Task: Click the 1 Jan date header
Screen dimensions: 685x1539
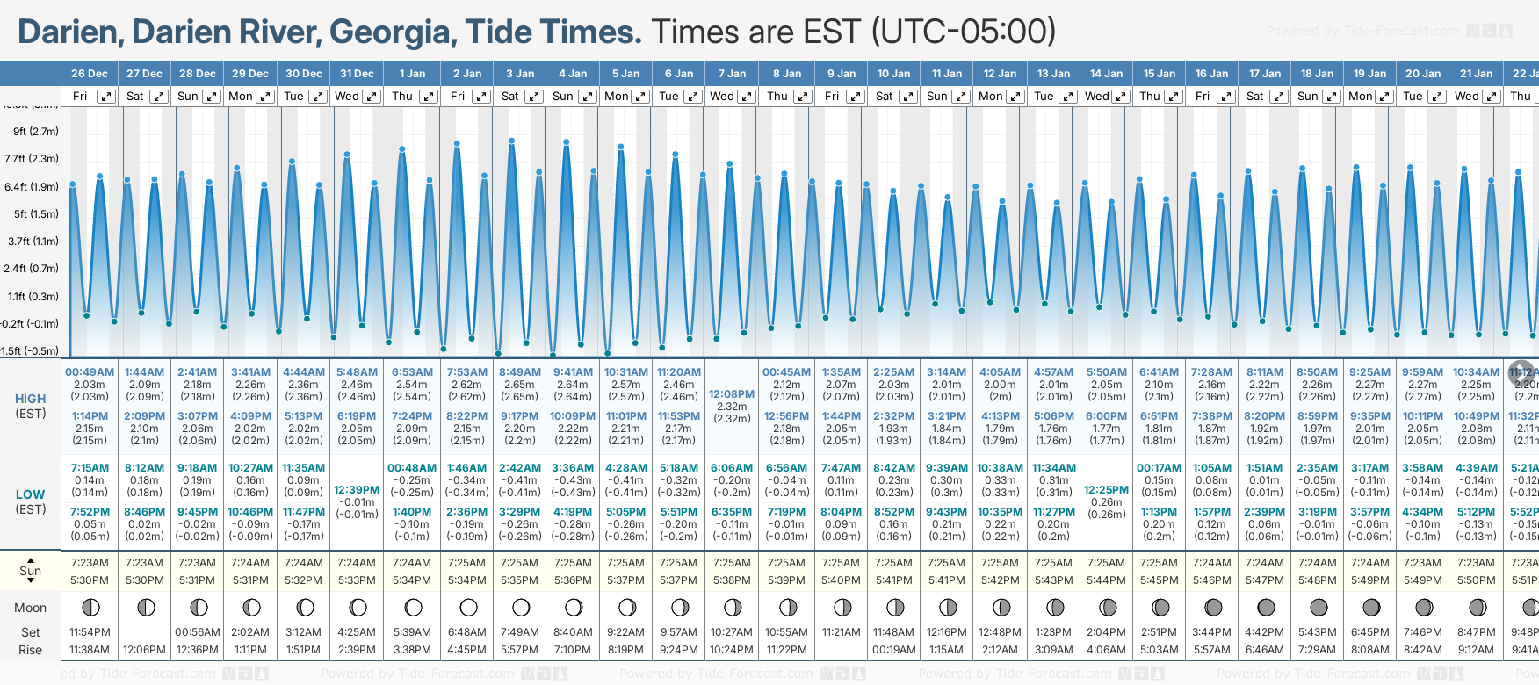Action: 412,74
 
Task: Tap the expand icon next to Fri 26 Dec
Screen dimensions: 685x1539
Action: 105,97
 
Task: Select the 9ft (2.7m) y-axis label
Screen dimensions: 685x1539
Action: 35,132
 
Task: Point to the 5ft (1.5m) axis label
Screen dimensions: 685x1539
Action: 35,213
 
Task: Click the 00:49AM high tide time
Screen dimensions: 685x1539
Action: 90,372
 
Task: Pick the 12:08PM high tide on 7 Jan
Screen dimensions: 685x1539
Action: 732,394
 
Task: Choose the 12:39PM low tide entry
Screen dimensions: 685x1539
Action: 357,490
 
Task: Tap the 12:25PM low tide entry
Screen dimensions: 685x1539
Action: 1106,490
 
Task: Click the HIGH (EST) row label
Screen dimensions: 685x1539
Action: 30,406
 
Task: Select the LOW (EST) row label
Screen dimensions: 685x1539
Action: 30,501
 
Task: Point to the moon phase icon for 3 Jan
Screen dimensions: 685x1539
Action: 521,607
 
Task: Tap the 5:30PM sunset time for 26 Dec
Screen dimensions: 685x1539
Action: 90,580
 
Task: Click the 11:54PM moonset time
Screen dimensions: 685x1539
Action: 90,632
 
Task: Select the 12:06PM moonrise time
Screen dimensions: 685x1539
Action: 144,650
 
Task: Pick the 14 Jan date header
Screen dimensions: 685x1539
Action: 1106,74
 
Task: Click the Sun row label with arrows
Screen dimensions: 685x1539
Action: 30,571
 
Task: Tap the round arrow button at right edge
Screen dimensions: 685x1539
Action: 1521,372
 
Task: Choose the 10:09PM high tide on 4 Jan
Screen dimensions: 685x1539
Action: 573,416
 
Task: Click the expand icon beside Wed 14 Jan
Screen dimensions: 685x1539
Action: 1121,97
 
